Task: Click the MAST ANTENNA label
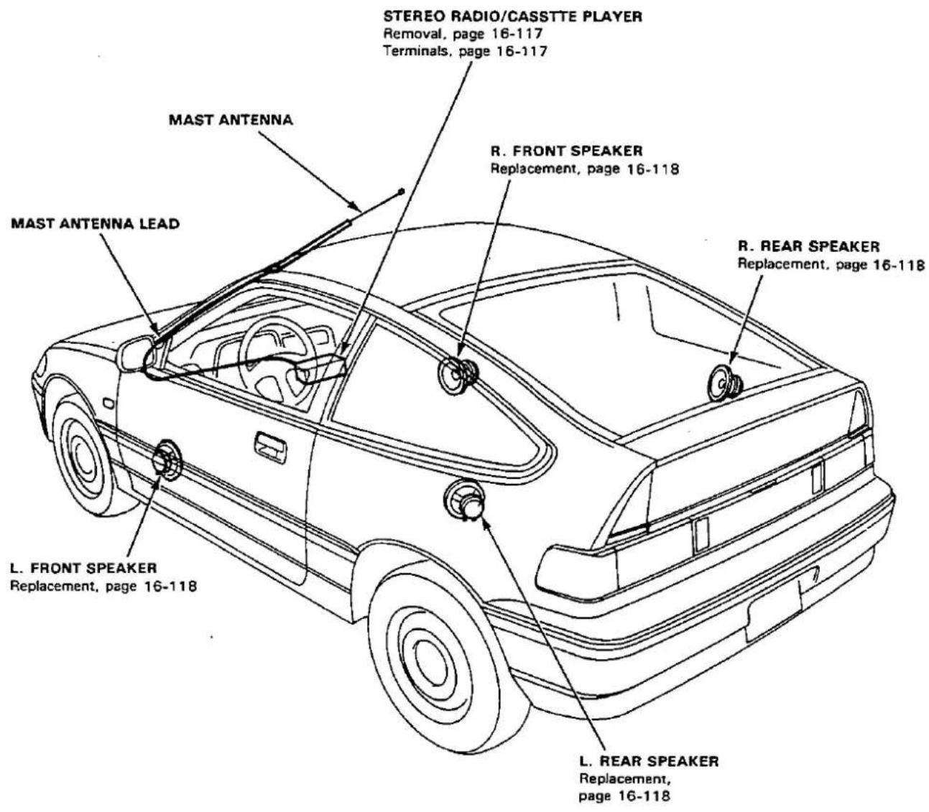[x=231, y=120]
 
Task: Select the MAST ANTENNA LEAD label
[x=96, y=223]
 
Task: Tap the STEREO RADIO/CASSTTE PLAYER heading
[x=513, y=17]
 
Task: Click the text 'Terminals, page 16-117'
[x=466, y=51]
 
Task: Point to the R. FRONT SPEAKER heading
[x=567, y=151]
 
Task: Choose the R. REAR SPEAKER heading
[x=809, y=246]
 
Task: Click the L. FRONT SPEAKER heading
[x=83, y=568]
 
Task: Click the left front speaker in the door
[x=167, y=459]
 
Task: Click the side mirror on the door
[x=135, y=353]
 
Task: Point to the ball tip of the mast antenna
[x=402, y=192]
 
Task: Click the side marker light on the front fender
[x=109, y=403]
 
